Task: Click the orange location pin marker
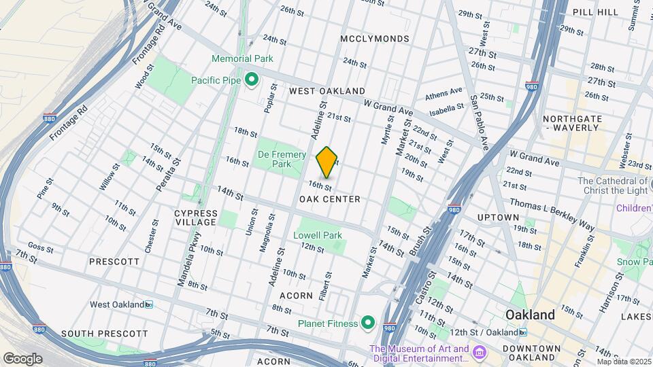click(x=327, y=162)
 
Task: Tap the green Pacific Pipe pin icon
click(x=251, y=81)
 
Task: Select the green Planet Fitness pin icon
click(x=369, y=322)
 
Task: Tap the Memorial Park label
click(x=242, y=59)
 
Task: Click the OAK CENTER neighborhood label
click(x=329, y=199)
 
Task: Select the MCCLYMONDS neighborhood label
click(x=375, y=39)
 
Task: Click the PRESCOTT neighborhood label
click(x=114, y=261)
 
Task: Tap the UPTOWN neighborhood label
click(x=498, y=217)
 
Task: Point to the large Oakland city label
click(x=530, y=315)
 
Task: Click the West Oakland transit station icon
click(x=149, y=304)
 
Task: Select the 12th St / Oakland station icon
click(x=522, y=332)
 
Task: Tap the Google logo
click(x=22, y=358)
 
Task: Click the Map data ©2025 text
click(x=624, y=362)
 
